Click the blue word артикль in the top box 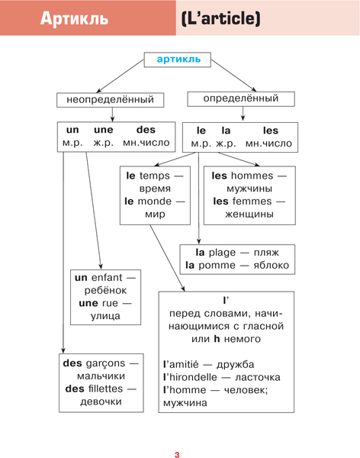[x=178, y=59]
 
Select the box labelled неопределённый [x=110, y=100]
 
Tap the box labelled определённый [x=240, y=99]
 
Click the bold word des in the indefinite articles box [x=145, y=130]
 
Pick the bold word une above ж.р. [x=102, y=130]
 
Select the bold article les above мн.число [x=270, y=131]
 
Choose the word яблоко [x=270, y=265]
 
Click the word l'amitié [x=187, y=364]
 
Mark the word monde [x=156, y=201]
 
